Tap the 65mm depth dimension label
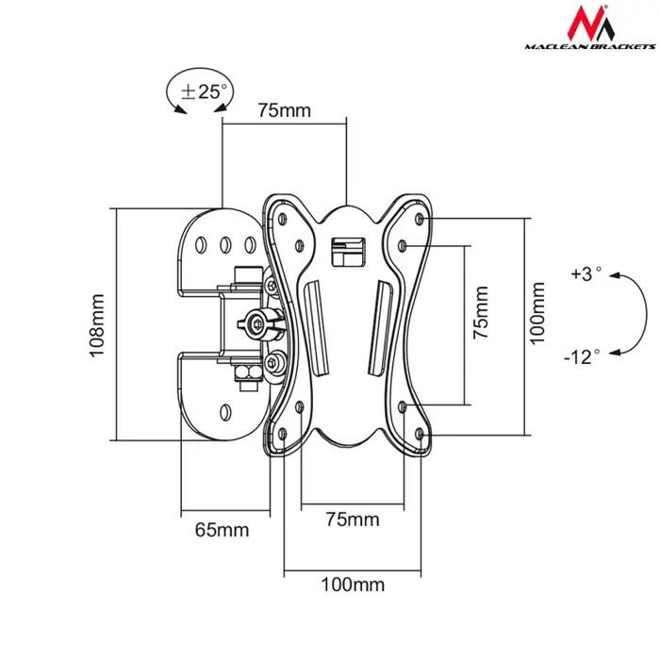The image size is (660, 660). coord(222,529)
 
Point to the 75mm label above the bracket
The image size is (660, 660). coord(284,111)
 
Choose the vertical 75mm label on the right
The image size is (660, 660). coord(481,313)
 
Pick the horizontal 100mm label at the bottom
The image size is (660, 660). coord(353,584)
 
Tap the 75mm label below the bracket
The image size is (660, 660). coord(353,520)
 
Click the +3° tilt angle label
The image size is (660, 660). coord(586,274)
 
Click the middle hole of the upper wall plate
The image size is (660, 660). coord(225,244)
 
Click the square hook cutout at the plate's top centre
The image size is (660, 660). coord(347,250)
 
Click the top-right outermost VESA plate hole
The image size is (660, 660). coord(421,220)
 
